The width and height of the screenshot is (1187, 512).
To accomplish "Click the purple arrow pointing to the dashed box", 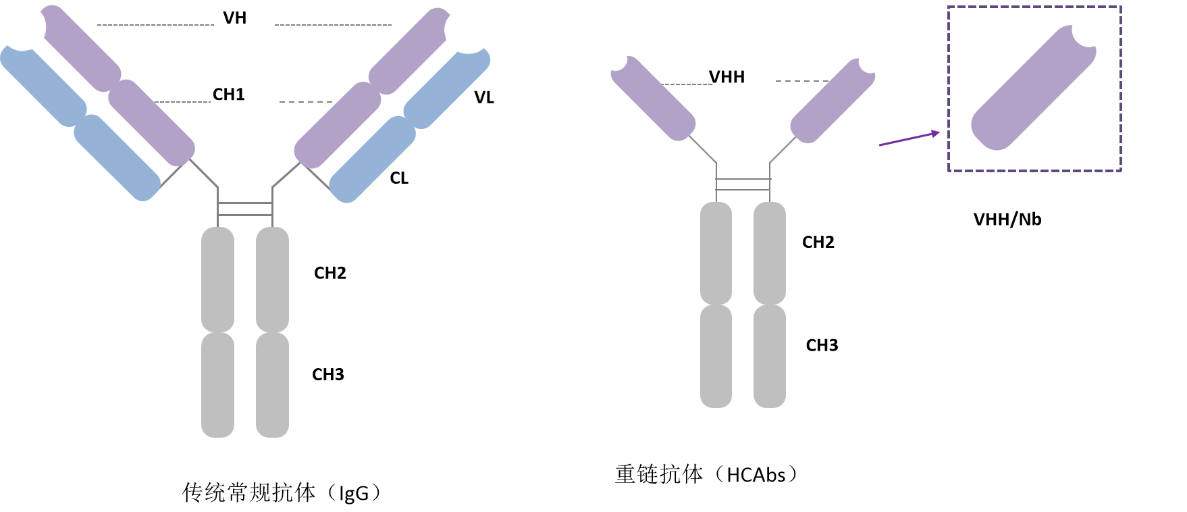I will (909, 138).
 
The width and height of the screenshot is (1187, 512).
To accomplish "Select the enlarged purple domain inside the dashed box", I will (1033, 88).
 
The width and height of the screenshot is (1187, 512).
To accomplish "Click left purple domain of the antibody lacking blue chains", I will (653, 98).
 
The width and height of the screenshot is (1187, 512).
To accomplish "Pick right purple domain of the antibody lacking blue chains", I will (833, 101).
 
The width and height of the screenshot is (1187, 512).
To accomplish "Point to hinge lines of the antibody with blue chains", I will (245, 209).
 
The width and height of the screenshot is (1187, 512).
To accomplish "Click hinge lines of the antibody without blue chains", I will (743, 184).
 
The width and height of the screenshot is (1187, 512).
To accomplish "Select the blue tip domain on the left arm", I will (44, 84).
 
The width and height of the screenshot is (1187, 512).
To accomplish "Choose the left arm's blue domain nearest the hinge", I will (116, 157).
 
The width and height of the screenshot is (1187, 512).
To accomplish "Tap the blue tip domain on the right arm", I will (447, 88).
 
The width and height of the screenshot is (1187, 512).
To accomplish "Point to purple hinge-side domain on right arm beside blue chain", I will (337, 125).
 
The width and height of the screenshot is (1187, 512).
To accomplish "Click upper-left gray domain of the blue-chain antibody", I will (217, 279).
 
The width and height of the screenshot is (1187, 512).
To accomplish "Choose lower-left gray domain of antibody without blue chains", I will (716, 356).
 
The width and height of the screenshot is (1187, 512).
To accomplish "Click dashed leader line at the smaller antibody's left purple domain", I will (688, 84).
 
